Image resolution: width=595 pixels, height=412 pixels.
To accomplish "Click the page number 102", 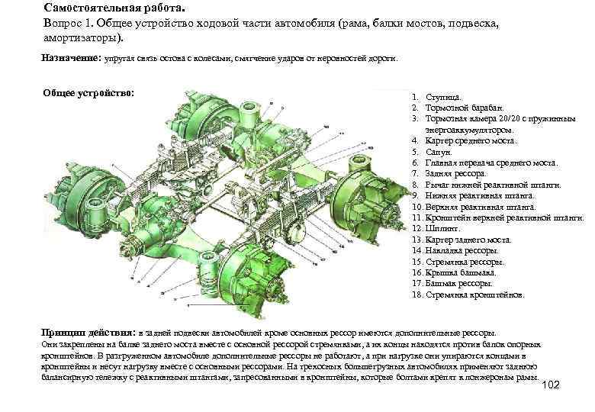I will tap(549, 384).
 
